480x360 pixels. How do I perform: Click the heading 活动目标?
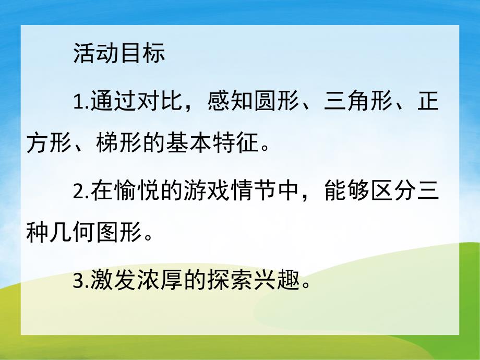click(x=119, y=54)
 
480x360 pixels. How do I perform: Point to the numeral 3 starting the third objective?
click(x=78, y=283)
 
